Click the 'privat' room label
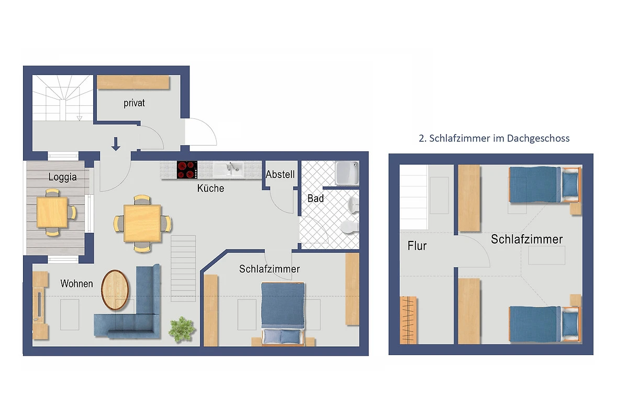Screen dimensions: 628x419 point(134,103)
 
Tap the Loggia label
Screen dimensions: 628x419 point(62,177)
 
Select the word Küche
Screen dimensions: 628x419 point(210,188)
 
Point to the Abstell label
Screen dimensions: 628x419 point(280,174)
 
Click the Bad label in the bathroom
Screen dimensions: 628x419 point(316,199)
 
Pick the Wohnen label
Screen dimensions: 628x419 point(76,283)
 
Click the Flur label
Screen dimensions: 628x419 point(417,246)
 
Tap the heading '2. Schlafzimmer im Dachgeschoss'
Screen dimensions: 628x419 point(494,138)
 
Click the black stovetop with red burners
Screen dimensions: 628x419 point(187,170)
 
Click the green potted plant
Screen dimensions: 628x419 point(182,329)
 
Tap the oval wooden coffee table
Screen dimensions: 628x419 point(115,290)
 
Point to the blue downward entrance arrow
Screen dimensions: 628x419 point(116,144)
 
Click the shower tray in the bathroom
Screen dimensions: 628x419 point(347,173)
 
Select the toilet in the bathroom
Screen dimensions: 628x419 point(350,227)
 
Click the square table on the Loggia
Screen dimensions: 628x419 point(52,212)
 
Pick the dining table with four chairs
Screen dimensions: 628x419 point(142,224)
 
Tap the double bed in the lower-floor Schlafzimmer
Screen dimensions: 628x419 point(283,314)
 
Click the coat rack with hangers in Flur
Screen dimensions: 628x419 point(408,320)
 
